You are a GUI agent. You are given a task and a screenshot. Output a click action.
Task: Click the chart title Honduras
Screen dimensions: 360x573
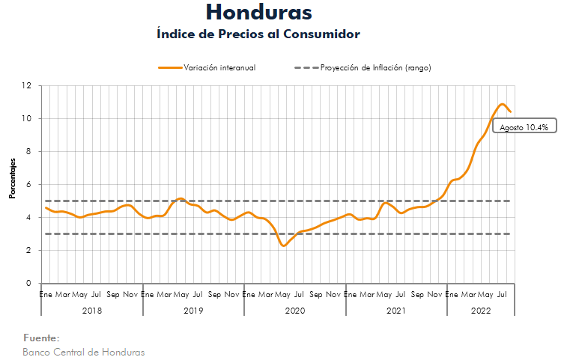[258, 13]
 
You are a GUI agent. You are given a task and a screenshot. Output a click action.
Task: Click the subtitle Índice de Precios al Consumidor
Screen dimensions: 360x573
[258, 34]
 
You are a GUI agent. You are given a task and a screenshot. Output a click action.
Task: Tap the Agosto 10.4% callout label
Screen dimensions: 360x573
[524, 127]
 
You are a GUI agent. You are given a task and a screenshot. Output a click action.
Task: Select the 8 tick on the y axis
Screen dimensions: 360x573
[30, 151]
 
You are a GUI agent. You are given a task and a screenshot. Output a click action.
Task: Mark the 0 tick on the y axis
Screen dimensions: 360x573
[30, 284]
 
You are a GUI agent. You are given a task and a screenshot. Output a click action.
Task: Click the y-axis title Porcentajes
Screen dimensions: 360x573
[12, 178]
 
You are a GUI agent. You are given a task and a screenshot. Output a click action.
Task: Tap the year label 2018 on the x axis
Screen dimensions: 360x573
[92, 309]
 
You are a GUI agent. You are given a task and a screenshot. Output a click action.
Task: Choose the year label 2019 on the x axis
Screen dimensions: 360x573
[193, 309]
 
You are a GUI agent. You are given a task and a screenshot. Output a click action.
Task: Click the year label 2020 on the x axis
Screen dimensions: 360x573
[295, 309]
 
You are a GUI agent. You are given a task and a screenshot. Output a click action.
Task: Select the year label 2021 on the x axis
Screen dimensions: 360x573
[396, 309]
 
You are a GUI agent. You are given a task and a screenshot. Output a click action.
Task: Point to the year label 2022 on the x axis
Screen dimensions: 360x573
[481, 309]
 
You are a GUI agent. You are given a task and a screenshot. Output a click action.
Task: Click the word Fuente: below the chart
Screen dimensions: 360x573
[41, 338]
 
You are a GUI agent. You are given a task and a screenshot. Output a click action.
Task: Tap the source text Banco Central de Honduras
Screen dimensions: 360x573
[84, 352]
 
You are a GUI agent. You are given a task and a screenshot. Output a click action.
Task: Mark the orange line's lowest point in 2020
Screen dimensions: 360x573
[283, 245]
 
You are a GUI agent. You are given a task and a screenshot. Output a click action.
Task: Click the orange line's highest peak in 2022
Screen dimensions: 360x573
[502, 104]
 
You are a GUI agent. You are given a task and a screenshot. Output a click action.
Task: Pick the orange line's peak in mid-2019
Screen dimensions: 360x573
[181, 198]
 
